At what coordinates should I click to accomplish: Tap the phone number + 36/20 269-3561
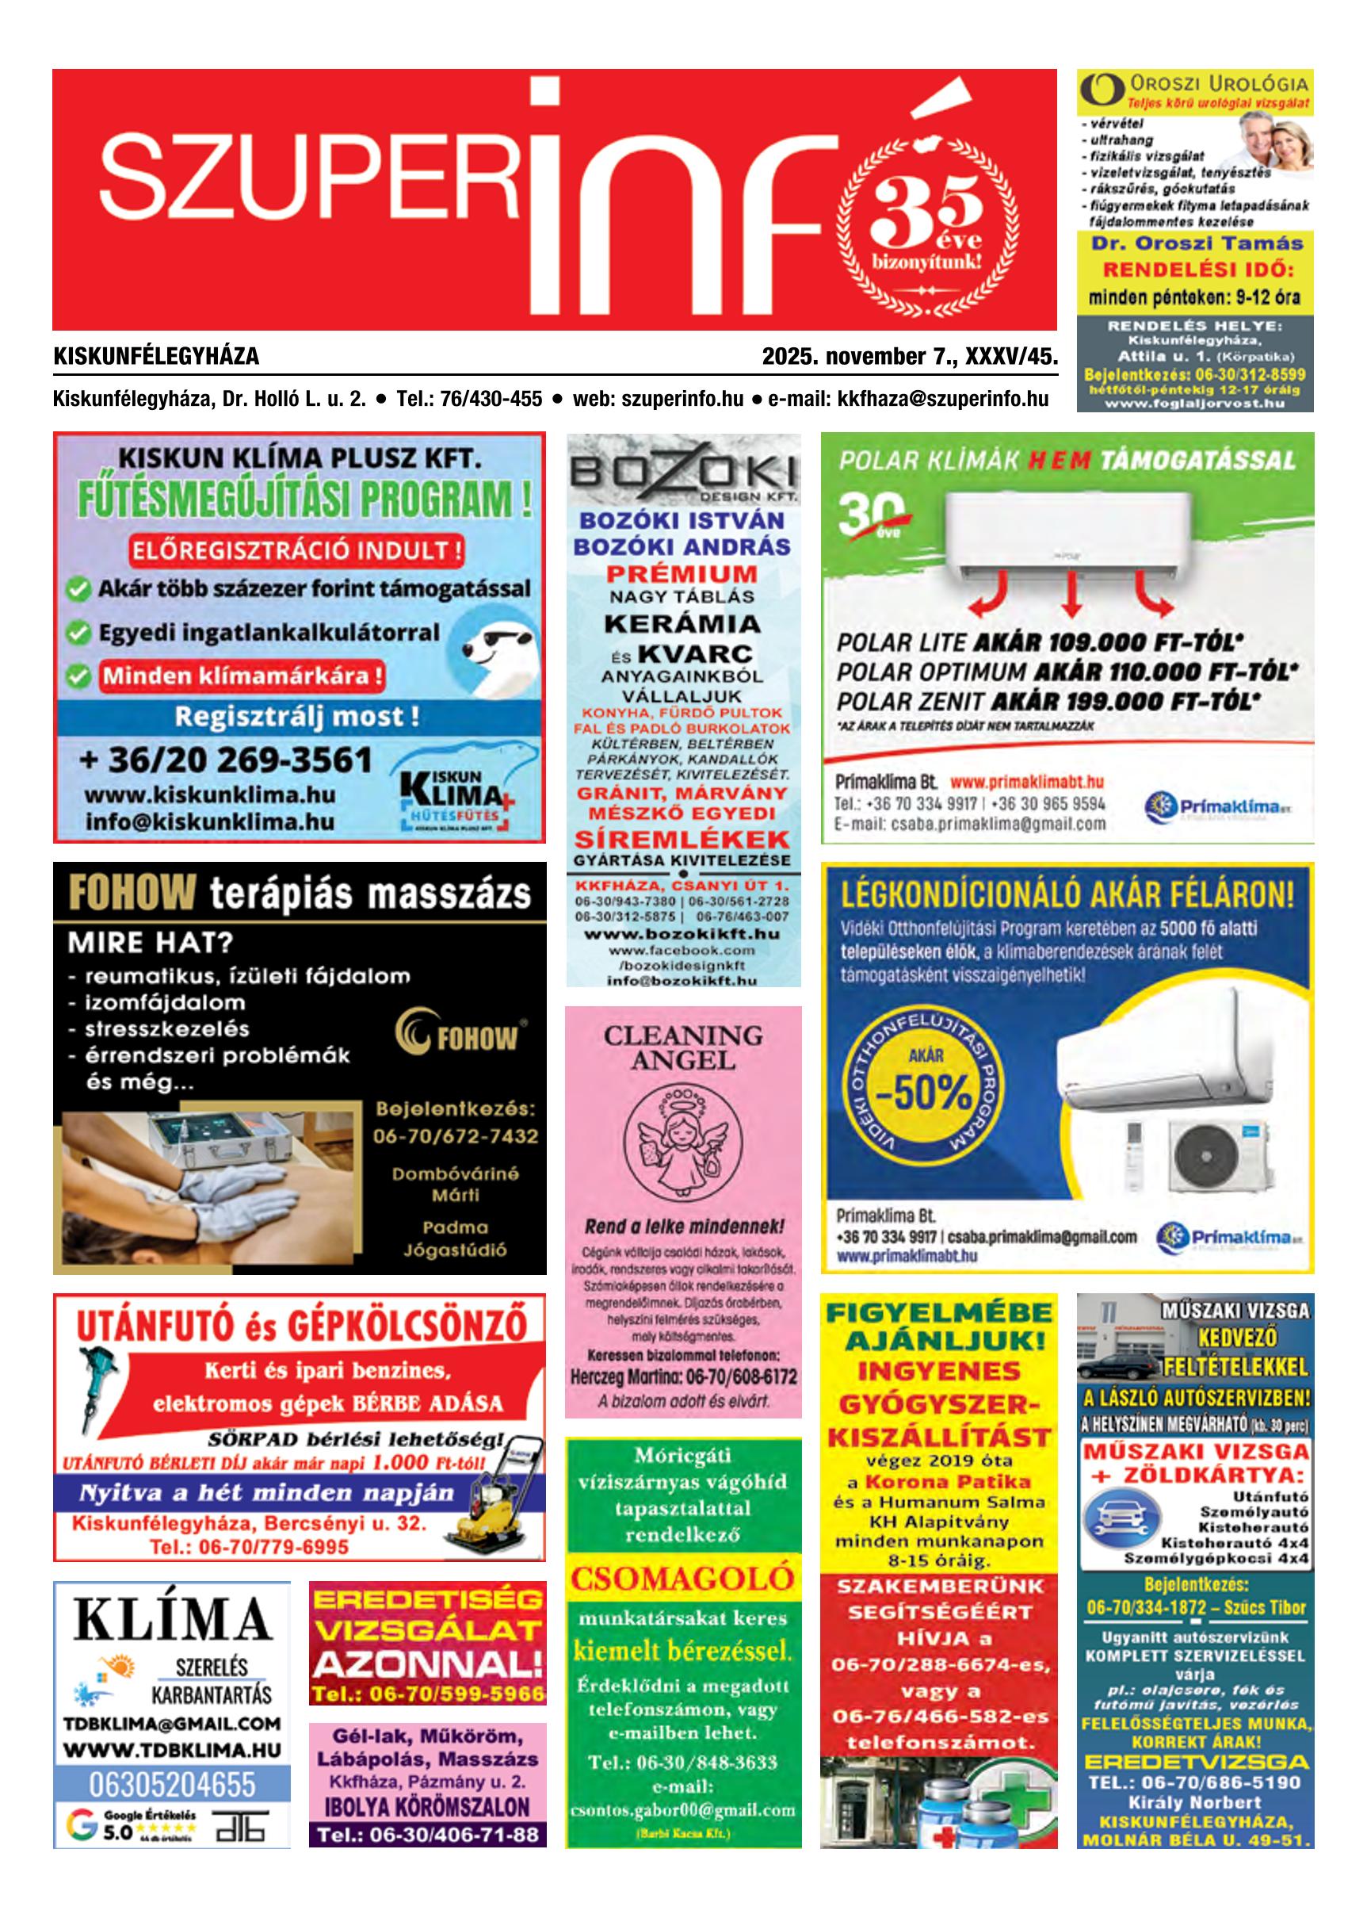(226, 760)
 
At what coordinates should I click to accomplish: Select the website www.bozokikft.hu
(682, 934)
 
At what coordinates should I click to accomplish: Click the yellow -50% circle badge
(924, 1091)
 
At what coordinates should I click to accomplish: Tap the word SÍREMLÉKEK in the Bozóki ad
(682, 839)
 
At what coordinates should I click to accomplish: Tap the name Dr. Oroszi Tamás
(1196, 243)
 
